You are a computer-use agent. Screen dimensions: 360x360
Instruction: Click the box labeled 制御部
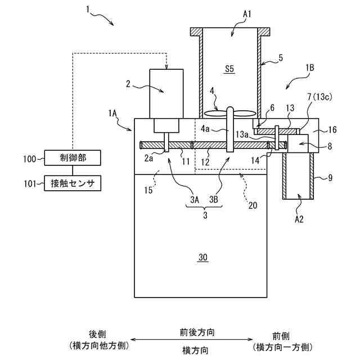coord(73,157)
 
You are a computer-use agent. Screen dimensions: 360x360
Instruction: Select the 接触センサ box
coord(73,183)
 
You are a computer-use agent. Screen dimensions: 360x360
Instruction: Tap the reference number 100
coord(30,159)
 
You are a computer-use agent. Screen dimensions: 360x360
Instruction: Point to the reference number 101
coord(30,184)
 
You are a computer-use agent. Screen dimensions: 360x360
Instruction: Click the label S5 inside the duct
coord(229,69)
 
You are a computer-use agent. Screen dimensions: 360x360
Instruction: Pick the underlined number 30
coord(203,258)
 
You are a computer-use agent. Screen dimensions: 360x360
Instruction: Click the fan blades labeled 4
coord(230,113)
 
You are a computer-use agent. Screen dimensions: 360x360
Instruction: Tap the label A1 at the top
coord(247,14)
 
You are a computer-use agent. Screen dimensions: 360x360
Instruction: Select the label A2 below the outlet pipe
coord(299,219)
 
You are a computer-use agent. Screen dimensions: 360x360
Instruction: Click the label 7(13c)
coord(320,97)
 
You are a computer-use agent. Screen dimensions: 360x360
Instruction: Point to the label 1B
coord(309,68)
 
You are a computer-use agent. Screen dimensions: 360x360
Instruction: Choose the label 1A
coord(112,113)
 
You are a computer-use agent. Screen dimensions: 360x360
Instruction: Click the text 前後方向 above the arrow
coord(197,332)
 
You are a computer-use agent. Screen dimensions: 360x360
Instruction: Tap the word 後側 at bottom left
coord(97,334)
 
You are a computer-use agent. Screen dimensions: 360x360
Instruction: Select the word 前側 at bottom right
coord(281,336)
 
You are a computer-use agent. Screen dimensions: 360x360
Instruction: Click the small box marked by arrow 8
coord(298,144)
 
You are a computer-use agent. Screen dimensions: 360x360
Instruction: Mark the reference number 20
coord(253,205)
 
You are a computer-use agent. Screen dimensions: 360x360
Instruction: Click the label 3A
coord(195,200)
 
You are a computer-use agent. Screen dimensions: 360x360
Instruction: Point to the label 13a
coord(242,134)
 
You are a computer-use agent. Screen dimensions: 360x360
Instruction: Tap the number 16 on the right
coord(332,130)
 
